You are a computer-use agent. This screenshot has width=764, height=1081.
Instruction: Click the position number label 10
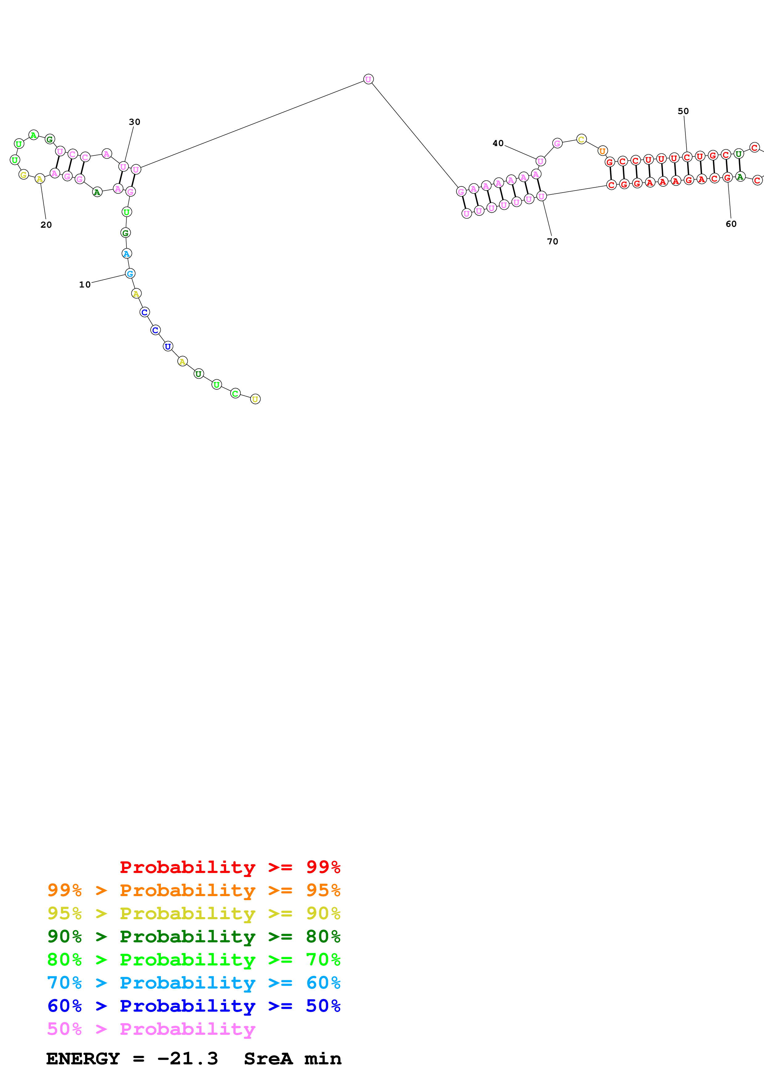tap(85, 284)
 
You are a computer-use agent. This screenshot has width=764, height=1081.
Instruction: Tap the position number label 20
tap(46, 225)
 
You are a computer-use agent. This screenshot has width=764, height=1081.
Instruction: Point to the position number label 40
tap(498, 143)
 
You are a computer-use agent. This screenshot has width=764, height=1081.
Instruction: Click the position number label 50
tap(683, 111)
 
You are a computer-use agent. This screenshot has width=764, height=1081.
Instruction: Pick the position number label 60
tap(731, 224)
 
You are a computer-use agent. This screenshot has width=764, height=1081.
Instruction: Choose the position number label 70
tap(553, 241)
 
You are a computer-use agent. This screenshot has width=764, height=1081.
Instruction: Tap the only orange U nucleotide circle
tap(602, 151)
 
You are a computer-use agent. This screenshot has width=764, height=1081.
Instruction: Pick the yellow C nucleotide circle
tap(581, 139)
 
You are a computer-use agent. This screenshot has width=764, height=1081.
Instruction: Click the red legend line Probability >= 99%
tap(230, 867)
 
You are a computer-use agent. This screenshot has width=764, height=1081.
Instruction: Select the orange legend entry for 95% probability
tap(194, 890)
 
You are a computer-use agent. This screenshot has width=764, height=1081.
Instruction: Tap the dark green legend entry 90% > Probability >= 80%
tap(194, 936)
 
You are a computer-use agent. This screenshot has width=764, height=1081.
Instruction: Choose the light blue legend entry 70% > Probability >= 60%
tap(194, 983)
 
